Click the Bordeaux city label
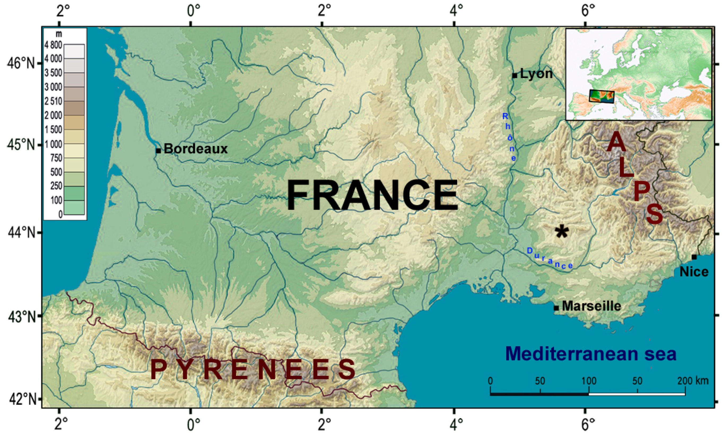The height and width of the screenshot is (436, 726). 195,149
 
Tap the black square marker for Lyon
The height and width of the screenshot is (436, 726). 515,76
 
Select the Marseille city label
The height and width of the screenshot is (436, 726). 592,306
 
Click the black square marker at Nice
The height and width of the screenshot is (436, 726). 694,257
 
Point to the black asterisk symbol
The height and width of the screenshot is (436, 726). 562,232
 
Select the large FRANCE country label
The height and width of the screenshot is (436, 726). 372,195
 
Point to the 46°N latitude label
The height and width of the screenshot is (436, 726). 21,63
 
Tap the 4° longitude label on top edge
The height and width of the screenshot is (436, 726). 456,11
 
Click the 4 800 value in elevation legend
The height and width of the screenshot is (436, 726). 54,45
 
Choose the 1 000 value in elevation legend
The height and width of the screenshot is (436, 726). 54,144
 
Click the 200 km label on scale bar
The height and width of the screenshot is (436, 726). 693,381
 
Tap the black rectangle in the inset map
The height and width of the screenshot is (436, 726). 602,96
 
